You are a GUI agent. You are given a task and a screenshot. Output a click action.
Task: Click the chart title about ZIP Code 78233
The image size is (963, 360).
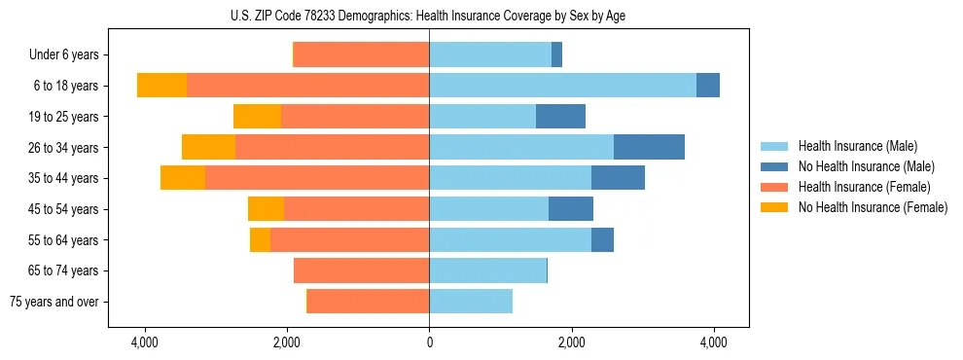point(429,15)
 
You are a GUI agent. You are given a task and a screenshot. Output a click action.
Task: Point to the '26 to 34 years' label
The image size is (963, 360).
point(65,148)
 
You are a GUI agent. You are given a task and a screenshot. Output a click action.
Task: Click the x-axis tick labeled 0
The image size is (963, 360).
point(429,343)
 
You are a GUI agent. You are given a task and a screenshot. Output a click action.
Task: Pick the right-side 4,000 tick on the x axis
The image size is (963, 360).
point(714,343)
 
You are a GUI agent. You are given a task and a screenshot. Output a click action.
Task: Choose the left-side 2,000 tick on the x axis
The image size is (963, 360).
point(287,343)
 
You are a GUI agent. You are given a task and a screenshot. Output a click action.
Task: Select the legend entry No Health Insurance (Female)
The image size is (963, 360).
point(873,207)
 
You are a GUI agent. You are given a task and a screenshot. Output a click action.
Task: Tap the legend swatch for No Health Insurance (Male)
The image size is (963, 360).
point(774,166)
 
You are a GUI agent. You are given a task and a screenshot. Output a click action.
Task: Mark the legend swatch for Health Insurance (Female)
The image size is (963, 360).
point(774,187)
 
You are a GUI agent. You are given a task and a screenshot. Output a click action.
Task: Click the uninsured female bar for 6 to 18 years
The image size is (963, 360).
point(161,86)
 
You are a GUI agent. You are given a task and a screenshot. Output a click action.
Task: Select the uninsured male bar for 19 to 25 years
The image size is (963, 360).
point(560,117)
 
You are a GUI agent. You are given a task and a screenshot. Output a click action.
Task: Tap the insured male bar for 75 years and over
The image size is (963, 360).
point(471,302)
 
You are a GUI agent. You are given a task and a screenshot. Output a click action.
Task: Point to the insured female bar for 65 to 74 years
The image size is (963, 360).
point(362,270)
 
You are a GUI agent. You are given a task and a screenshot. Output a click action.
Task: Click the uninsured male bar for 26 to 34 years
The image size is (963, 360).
point(649,147)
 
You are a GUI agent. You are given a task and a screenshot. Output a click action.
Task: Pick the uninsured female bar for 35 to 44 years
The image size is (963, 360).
point(183,178)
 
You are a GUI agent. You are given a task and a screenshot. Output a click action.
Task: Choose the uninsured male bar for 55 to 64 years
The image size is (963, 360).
point(602,239)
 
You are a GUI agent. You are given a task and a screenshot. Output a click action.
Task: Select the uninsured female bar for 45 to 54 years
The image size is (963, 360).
point(266,209)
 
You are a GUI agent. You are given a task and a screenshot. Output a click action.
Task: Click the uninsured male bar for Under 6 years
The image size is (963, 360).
point(556,55)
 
